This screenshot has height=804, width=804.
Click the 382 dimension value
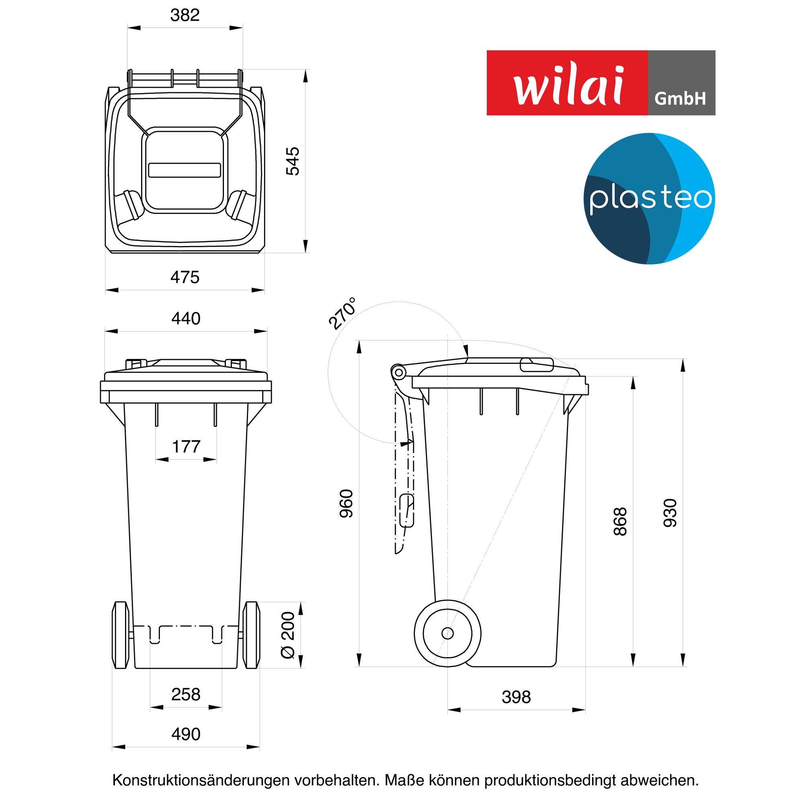coord(185,15)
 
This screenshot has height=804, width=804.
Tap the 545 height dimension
coord(293,161)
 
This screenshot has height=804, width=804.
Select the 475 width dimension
coord(185,277)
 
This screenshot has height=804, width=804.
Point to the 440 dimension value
coord(186,319)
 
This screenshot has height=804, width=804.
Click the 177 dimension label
coord(186,447)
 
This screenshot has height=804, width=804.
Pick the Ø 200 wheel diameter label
coord(288,635)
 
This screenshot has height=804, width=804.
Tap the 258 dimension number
coord(186,695)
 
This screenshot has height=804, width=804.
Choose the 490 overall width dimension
coord(186,734)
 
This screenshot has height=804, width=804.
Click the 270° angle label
coord(342,314)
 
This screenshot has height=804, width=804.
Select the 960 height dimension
coord(346,504)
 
